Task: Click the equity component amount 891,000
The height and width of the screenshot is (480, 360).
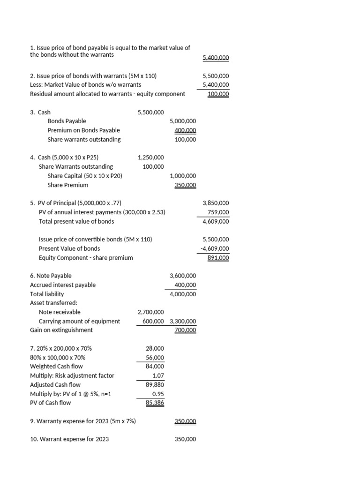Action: tap(218, 258)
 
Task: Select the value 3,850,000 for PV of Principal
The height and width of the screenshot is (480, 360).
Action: tap(216, 203)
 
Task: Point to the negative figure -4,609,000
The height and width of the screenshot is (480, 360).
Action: tap(215, 248)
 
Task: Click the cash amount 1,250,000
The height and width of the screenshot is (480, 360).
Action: tap(150, 157)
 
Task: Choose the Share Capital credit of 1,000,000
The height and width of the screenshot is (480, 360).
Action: tap(183, 176)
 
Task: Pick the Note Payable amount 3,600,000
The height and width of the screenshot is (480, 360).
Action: tap(183, 276)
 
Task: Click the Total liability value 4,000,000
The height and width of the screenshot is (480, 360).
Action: tap(183, 294)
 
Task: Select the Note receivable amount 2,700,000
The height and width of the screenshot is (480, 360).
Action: tap(150, 312)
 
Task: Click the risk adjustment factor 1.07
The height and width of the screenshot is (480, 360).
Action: tap(157, 375)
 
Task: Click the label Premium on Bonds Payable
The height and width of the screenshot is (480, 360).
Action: tap(83, 130)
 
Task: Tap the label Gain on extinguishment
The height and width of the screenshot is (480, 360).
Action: tap(61, 330)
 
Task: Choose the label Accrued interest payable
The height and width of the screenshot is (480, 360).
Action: tap(62, 285)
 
